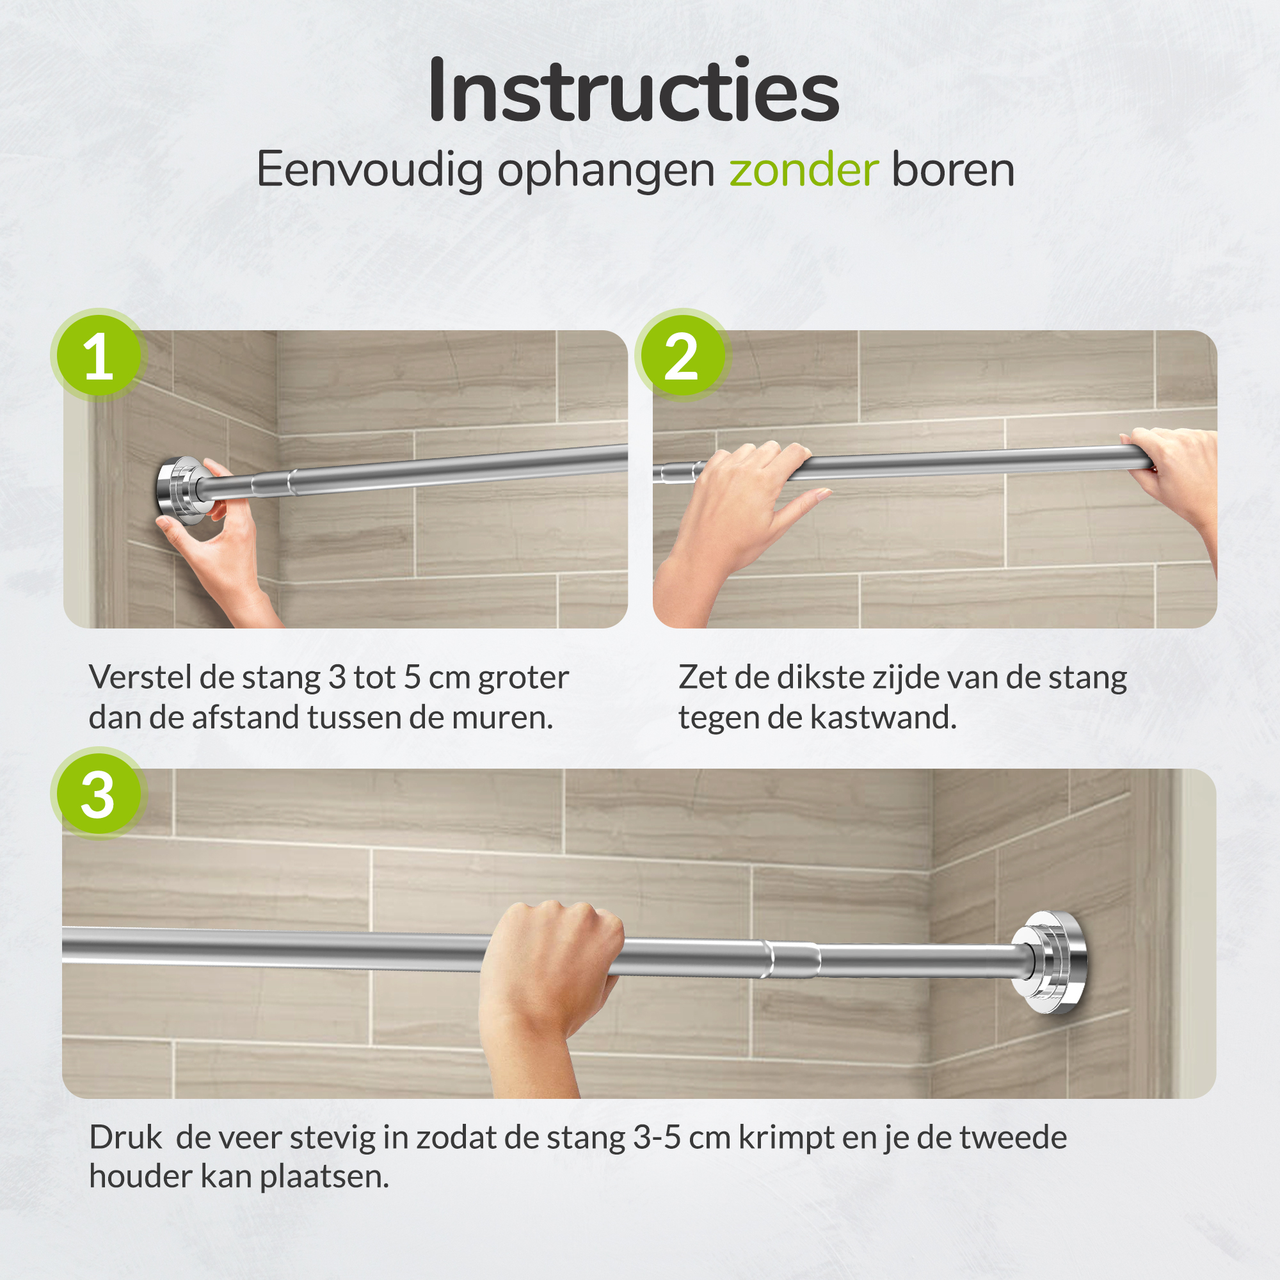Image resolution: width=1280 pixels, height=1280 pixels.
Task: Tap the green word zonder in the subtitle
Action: (804, 170)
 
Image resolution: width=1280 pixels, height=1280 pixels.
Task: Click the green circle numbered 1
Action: (99, 356)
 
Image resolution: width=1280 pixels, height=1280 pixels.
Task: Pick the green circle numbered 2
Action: (682, 356)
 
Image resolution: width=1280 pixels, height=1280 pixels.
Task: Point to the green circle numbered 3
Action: (99, 794)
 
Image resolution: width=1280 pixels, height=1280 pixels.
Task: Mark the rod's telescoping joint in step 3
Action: (792, 959)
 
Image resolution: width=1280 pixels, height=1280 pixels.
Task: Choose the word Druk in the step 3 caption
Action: (125, 1137)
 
